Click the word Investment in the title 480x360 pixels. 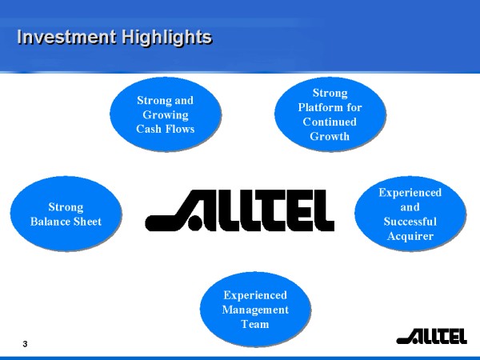coord(66,37)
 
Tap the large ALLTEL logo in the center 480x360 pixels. coord(239,210)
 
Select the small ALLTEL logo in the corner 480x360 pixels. coord(431,336)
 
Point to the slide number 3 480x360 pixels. coord(25,344)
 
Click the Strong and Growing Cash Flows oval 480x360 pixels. coord(166,114)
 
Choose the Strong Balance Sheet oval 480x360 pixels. coord(66,214)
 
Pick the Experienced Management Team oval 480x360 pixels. coord(256,309)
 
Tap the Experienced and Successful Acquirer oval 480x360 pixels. coord(410,214)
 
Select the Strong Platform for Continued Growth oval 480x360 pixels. coord(330,114)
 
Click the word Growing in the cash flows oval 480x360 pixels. coord(166,115)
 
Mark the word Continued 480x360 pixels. coord(330,122)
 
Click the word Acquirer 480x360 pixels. coord(410,236)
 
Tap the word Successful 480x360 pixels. coord(410,222)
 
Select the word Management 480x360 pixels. coord(255,310)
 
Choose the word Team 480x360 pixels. coord(255,324)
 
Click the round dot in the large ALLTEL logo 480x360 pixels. coord(194,223)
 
